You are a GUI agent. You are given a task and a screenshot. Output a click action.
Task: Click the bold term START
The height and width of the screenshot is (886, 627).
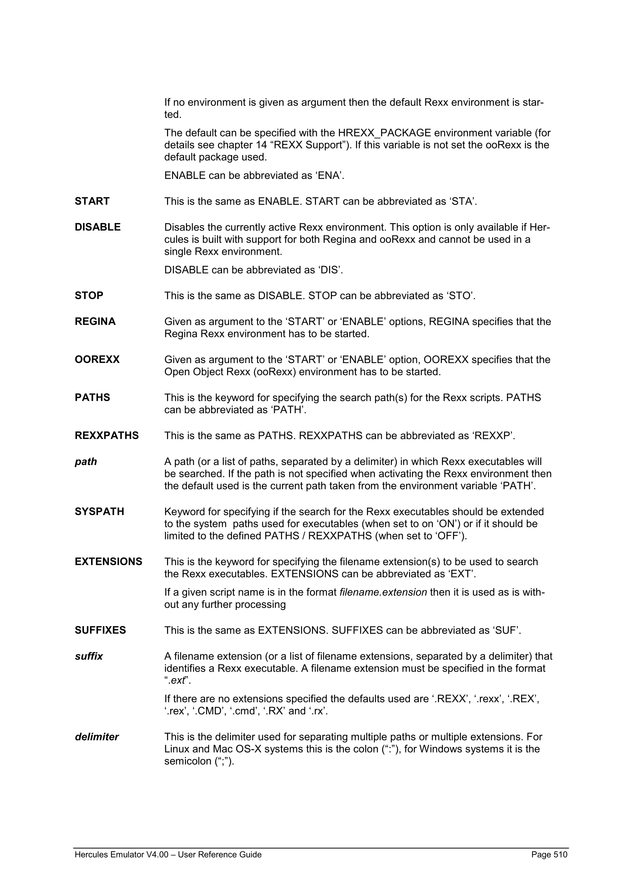(x=92, y=201)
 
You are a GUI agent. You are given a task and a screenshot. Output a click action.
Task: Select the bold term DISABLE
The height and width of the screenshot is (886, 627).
(x=98, y=227)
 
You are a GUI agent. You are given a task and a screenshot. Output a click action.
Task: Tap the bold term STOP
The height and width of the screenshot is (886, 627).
(x=89, y=296)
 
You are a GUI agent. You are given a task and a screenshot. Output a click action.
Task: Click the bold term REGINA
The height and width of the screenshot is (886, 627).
(x=95, y=322)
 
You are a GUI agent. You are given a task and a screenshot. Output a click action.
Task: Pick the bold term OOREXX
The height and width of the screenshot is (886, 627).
(x=97, y=360)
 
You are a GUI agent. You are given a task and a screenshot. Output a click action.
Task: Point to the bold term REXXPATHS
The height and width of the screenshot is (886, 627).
(x=107, y=436)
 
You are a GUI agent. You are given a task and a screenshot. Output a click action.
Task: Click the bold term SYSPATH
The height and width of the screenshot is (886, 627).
(x=99, y=512)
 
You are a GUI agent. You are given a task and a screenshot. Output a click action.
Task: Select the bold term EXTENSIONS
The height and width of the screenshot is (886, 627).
(x=108, y=562)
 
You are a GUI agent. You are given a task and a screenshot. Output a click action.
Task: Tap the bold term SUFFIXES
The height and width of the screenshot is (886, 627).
(x=101, y=631)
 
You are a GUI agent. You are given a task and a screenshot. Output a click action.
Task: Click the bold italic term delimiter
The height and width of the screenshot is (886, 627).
(x=97, y=737)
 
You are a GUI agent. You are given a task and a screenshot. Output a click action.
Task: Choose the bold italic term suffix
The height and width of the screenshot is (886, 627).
(x=89, y=657)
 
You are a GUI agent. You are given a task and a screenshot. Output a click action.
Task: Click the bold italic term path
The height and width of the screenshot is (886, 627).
(x=86, y=462)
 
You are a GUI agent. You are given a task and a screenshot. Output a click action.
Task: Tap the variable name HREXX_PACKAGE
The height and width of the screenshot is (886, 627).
(x=384, y=133)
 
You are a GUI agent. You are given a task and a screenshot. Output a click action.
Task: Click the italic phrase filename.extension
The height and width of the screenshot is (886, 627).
(x=383, y=592)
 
